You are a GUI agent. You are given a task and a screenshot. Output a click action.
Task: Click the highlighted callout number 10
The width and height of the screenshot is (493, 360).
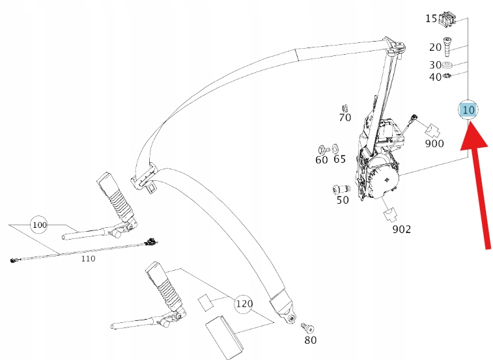pyautogui.click(x=468, y=109)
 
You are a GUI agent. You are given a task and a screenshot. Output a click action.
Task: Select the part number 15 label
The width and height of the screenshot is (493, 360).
pyautogui.click(x=432, y=18)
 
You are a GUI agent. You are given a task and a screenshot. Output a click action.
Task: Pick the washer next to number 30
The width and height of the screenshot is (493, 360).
pyautogui.click(x=448, y=65)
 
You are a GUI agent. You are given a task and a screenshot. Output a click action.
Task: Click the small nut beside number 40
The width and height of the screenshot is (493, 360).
pyautogui.click(x=448, y=77)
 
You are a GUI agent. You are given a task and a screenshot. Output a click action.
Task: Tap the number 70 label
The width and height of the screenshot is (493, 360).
pyautogui.click(x=345, y=118)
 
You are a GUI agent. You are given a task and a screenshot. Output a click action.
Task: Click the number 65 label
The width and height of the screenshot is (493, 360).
pyautogui.click(x=339, y=159)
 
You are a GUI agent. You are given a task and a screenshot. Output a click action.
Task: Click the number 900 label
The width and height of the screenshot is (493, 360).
pyautogui.click(x=434, y=143)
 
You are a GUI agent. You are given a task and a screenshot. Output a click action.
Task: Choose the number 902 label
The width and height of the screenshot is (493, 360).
pyautogui.click(x=402, y=229)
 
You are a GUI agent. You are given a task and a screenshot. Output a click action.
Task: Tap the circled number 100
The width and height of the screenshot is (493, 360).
pyautogui.click(x=39, y=225)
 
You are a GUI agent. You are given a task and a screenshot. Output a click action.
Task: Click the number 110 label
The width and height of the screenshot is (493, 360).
pyautogui.click(x=87, y=258)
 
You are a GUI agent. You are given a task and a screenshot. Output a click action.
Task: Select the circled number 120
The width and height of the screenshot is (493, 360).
pyautogui.click(x=244, y=303)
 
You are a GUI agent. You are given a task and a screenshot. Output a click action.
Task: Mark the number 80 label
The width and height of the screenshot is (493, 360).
pyautogui.click(x=311, y=340)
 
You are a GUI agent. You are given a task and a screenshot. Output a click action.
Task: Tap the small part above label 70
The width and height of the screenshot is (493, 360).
pyautogui.click(x=345, y=107)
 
